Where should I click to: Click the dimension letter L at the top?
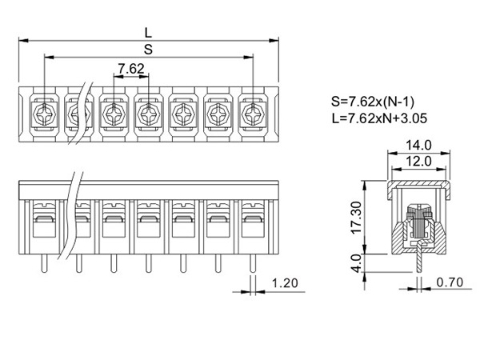[x=148, y=32]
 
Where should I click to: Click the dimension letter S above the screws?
[x=148, y=50]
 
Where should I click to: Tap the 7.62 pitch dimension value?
[x=130, y=69]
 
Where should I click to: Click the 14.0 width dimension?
[x=418, y=145]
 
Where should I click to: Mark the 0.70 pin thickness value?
[x=451, y=283]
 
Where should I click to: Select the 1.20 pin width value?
[x=286, y=283]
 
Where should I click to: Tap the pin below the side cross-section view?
[x=418, y=261]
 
